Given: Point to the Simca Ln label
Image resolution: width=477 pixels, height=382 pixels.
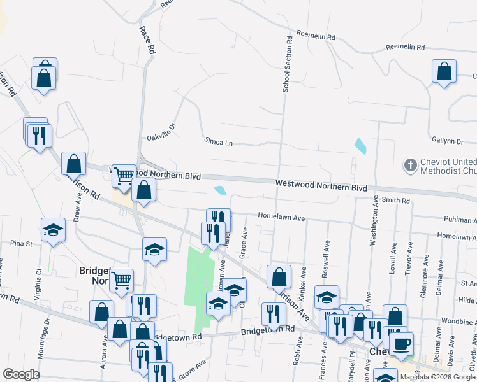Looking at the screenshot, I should (x=219, y=141).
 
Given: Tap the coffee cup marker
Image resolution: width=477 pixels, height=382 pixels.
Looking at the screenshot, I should (x=401, y=344).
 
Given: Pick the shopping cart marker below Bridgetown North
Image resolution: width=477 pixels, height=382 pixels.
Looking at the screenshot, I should (x=121, y=279).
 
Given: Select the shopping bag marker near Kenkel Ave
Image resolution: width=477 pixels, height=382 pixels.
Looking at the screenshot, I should (x=279, y=276).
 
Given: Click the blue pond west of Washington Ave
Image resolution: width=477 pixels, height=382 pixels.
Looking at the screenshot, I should (x=360, y=146).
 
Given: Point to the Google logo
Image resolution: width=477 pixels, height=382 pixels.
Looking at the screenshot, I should (x=21, y=374).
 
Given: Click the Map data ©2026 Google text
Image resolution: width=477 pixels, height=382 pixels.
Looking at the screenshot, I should (x=438, y=377).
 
